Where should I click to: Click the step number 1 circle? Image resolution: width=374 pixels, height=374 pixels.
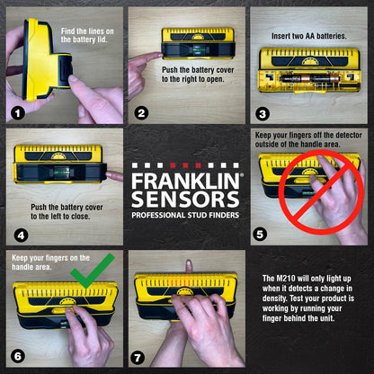tap(17, 114)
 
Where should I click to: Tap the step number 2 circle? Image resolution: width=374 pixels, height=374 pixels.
tap(140, 114)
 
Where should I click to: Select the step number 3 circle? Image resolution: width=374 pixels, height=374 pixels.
tap(263, 114)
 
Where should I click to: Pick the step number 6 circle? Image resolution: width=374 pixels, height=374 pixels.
tap(17, 357)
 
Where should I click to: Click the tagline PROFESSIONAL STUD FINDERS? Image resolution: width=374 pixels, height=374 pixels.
tap(186, 217)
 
